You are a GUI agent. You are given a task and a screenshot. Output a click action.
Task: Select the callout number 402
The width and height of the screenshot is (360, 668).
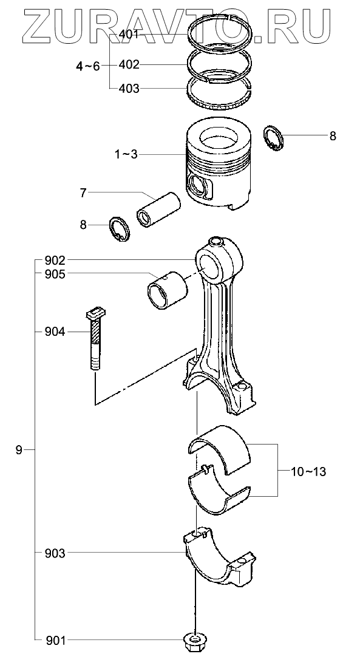[x=129, y=65]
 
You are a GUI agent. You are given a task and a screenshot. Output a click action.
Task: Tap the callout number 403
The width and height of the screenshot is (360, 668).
[x=129, y=89]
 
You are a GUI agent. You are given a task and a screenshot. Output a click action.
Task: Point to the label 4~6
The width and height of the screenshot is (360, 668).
[x=88, y=66]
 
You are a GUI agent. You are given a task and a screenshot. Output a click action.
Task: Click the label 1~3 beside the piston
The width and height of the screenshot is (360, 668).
[x=126, y=154]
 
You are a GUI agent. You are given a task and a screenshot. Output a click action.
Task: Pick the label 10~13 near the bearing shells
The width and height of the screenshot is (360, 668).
[x=309, y=472]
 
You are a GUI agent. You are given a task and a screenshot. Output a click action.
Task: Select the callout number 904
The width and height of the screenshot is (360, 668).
[x=55, y=332]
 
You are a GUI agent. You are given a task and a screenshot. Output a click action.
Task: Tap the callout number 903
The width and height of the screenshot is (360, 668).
[x=55, y=553]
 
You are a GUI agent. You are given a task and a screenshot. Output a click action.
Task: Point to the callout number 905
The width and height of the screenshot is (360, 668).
[x=55, y=274]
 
